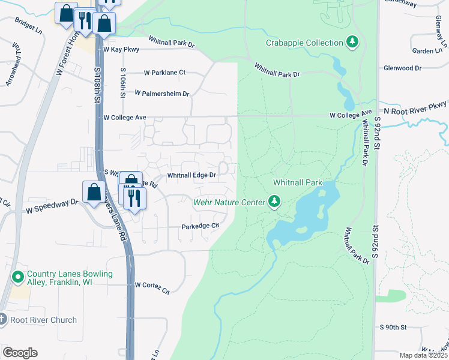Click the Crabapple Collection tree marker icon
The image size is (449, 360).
pyautogui.click(x=353, y=42)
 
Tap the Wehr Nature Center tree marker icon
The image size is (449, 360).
pyautogui.click(x=274, y=201)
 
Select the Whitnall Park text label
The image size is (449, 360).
pyautogui.click(x=298, y=182)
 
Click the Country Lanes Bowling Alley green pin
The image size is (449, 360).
pyautogui.click(x=19, y=278)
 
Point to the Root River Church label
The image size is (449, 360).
pyautogui.click(x=43, y=320)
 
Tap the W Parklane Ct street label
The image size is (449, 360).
pyautogui.click(x=164, y=73)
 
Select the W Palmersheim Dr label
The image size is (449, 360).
pyautogui.click(x=161, y=94)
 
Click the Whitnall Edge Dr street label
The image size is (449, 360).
pyautogui.click(x=191, y=175)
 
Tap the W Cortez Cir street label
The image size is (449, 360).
pyautogui.click(x=152, y=286)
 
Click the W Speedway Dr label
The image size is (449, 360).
pyautogui.click(x=52, y=203)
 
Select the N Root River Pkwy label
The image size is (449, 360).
pyautogui.click(x=416, y=111)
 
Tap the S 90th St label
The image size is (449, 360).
pyautogui.click(x=393, y=327)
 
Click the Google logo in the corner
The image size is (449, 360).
pyautogui.click(x=20, y=352)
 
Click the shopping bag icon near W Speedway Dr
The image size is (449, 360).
pyautogui.click(x=94, y=193)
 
